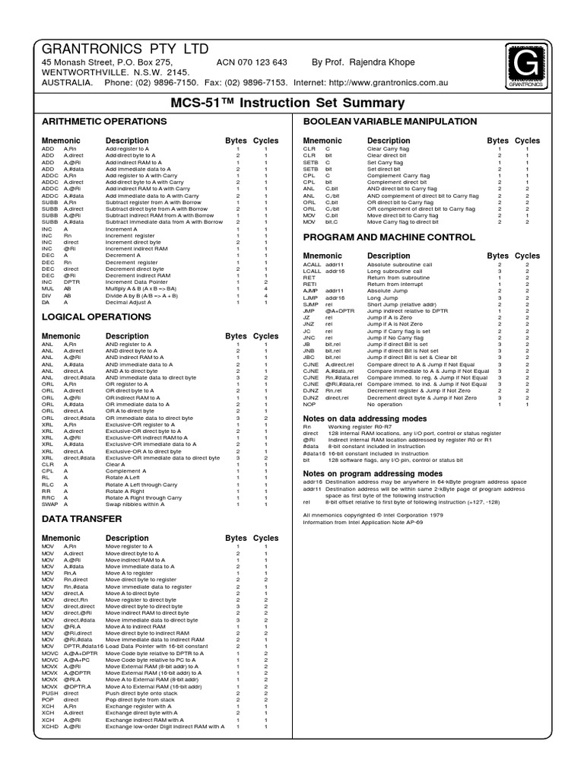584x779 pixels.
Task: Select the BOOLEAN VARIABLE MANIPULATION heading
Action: point(390,122)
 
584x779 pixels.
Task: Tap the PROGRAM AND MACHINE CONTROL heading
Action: point(389,237)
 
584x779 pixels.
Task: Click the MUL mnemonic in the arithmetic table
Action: point(48,289)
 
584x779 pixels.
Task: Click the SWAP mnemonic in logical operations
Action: point(49,504)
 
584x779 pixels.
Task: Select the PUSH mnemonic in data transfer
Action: point(49,693)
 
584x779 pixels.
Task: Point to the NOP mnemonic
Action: point(310,405)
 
